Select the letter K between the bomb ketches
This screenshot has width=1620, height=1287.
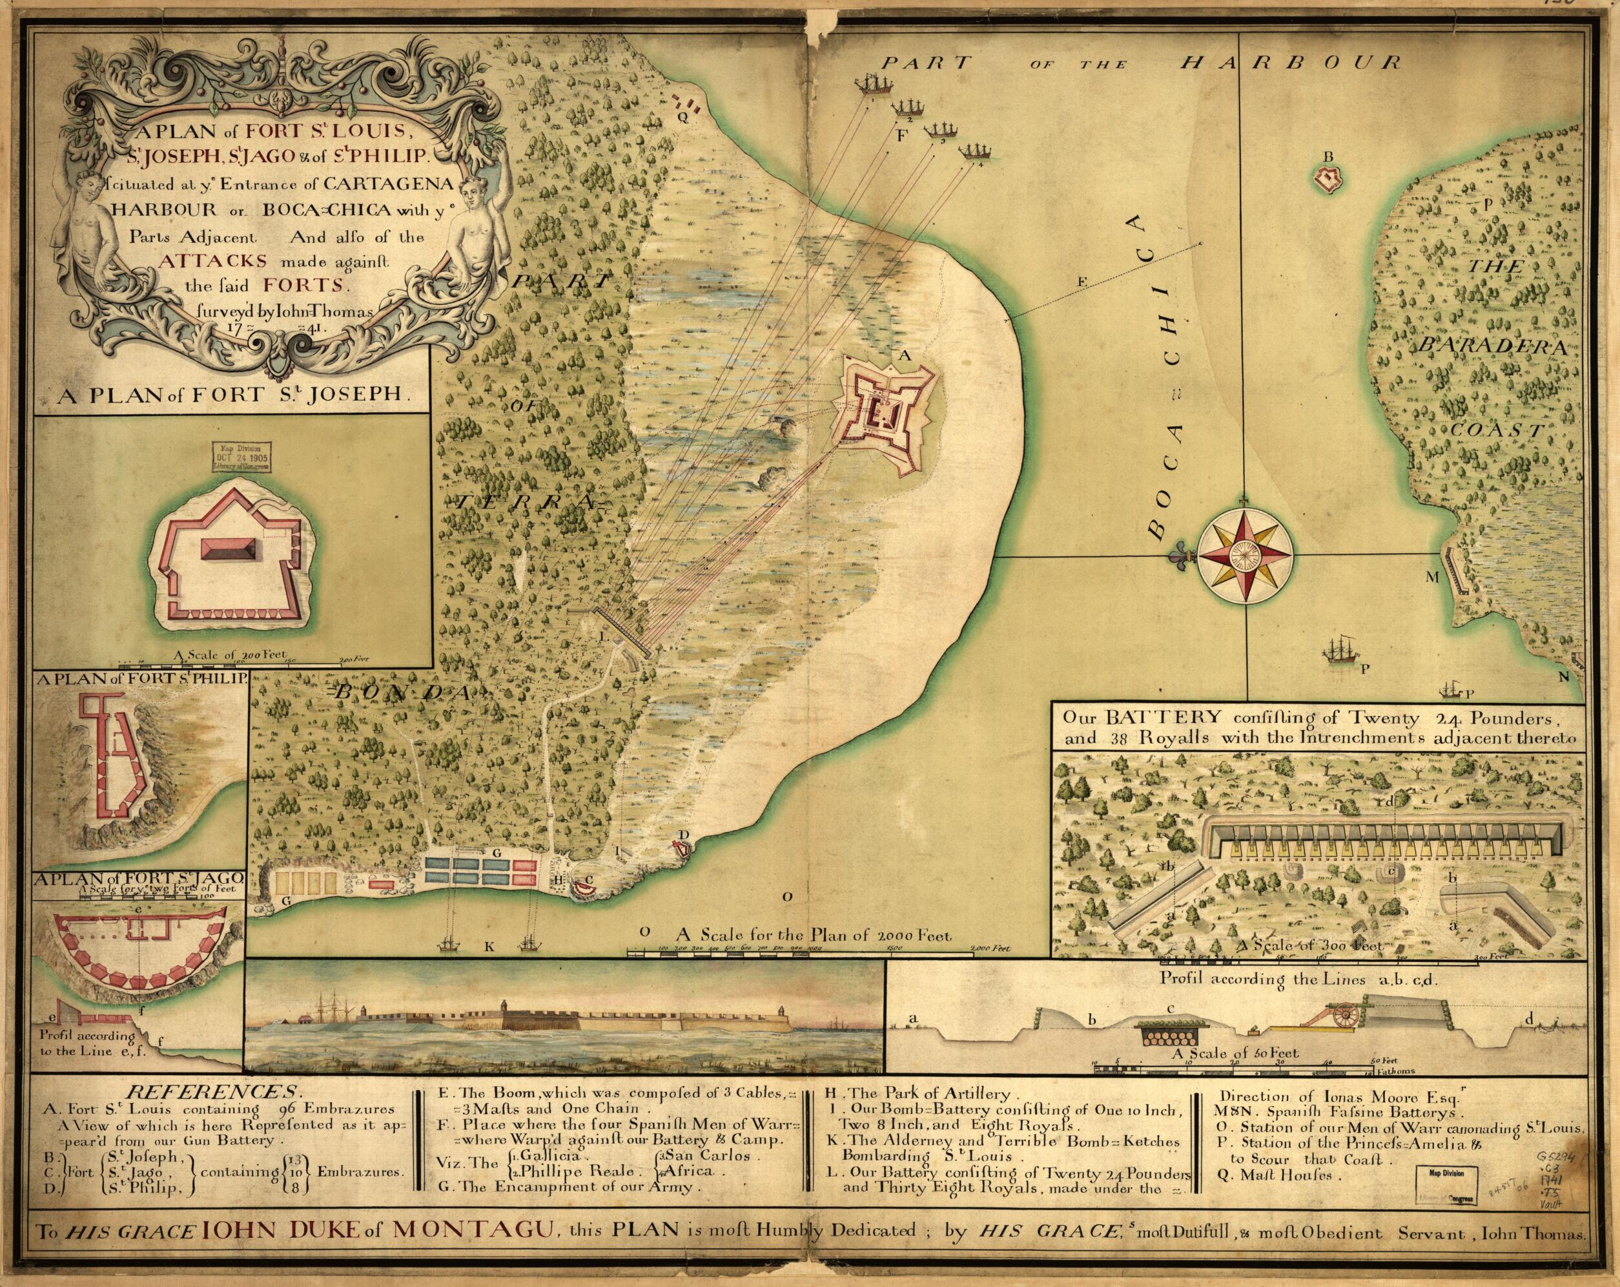pyautogui.click(x=490, y=947)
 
